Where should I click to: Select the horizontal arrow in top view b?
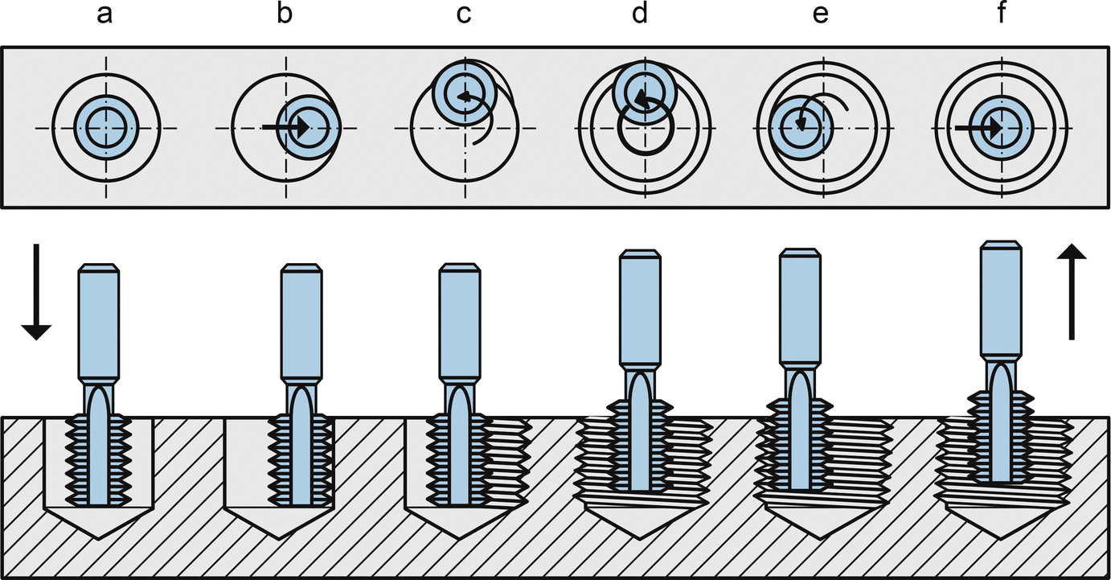[286, 127]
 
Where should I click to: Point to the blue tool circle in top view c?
[463, 94]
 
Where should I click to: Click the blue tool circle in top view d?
[643, 95]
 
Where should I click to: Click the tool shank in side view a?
[99, 322]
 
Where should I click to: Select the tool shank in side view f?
[1001, 298]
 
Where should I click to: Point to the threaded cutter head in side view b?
[301, 459]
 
